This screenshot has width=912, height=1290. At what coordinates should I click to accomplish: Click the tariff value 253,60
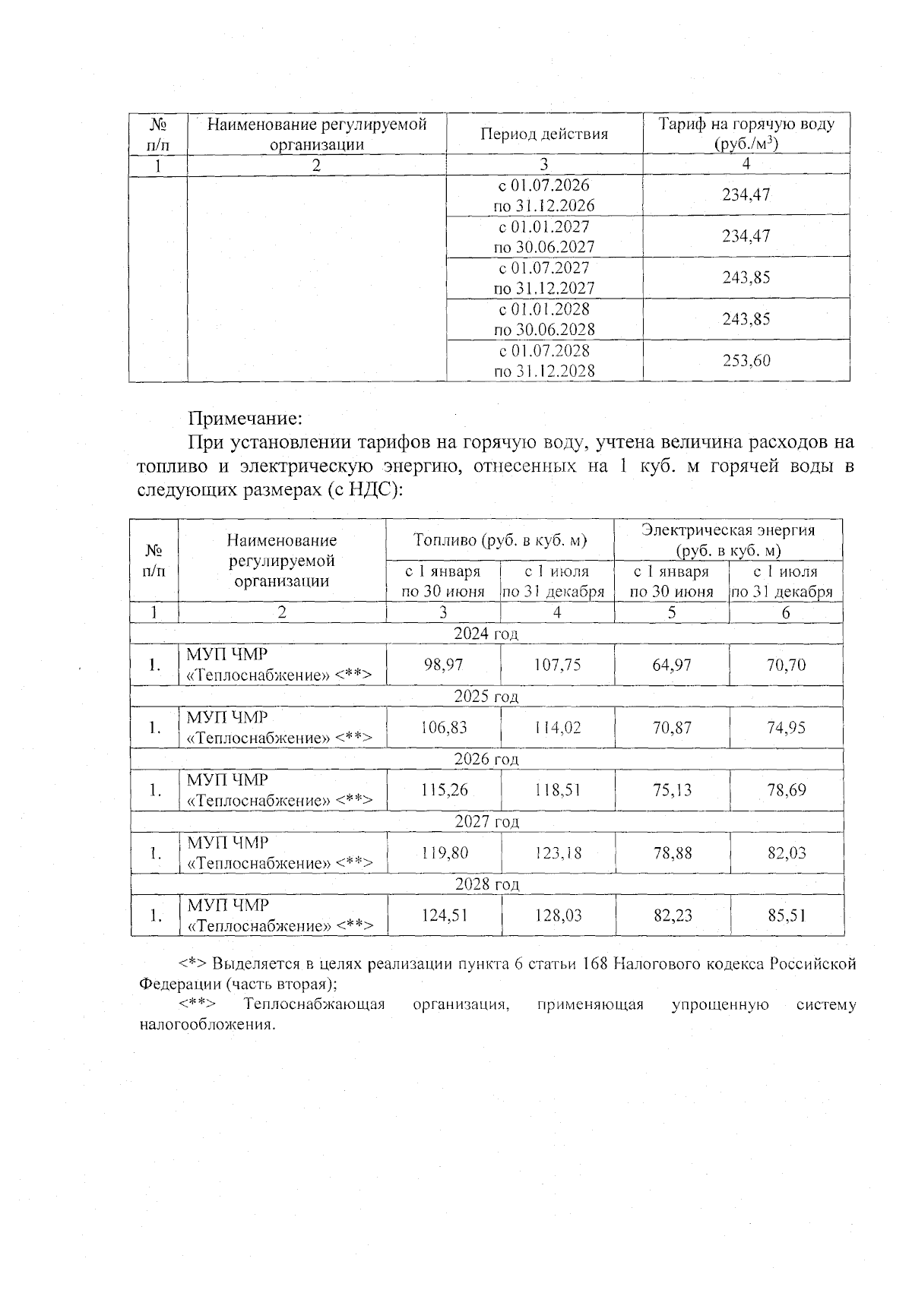[x=746, y=361]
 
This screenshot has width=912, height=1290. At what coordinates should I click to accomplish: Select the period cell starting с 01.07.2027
[x=544, y=278]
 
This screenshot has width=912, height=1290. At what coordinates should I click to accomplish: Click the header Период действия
[x=544, y=134]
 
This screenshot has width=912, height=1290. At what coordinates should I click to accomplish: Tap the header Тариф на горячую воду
[x=746, y=125]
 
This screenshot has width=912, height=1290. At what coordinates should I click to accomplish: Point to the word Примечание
[x=245, y=419]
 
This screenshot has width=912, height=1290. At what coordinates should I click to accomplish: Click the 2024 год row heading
[x=486, y=634]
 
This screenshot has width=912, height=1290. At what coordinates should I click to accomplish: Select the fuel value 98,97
[x=443, y=665]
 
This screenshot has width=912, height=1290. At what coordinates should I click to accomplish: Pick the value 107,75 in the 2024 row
[x=557, y=665]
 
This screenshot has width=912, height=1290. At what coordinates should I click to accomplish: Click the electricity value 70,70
[x=786, y=665]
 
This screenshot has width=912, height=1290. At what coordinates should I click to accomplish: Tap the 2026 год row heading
[x=486, y=759]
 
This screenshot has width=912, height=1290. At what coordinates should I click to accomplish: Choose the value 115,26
[x=444, y=790]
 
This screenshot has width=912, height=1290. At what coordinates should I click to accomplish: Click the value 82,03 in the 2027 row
[x=786, y=852]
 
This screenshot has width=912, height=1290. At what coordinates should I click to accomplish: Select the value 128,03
[x=557, y=915]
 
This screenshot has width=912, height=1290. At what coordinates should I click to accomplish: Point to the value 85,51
[x=786, y=915]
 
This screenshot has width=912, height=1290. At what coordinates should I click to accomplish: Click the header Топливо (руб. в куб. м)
[x=500, y=540]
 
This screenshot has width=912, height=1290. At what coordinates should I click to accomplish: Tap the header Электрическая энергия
[x=728, y=530]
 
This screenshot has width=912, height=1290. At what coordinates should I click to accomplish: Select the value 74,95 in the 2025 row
[x=786, y=728]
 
